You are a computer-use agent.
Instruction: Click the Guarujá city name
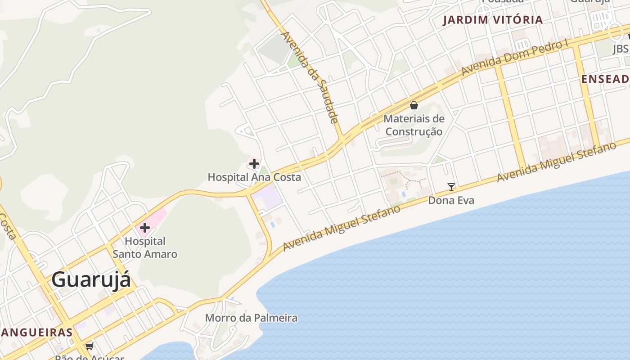tap(91, 279)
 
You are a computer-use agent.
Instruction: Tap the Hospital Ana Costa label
tap(254, 177)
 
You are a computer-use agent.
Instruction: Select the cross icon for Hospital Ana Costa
tap(254, 164)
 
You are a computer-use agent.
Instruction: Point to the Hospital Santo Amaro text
tap(145, 247)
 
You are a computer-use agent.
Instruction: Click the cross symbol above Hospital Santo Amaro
tap(145, 228)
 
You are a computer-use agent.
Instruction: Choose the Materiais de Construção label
tap(414, 125)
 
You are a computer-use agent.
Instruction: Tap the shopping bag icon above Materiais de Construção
tap(414, 106)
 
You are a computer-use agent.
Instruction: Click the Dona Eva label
tap(451, 200)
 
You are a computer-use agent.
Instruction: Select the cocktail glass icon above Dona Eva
tap(451, 187)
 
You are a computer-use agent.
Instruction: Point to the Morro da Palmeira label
tap(251, 318)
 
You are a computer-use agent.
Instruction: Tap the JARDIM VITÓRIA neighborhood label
tap(493, 20)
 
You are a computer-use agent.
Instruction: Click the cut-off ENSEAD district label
tap(605, 79)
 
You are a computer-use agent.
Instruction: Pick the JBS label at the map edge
tap(621, 49)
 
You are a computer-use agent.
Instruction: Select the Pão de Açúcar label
tap(89, 357)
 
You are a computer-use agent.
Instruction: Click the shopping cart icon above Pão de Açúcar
tap(89, 346)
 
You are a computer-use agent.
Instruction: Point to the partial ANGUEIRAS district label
tap(36, 333)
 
